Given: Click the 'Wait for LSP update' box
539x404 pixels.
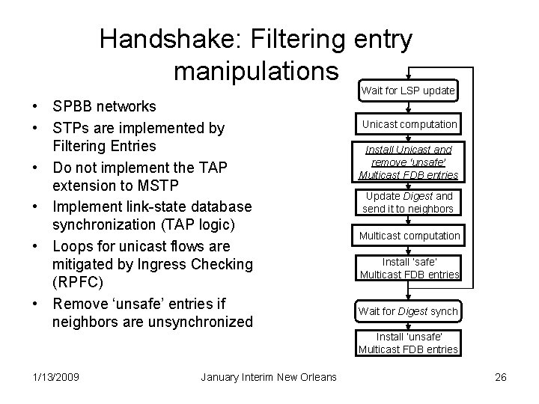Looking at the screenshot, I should [408, 91].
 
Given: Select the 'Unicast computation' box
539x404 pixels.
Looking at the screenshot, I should [409, 123].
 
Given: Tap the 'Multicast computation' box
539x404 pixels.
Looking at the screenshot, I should [409, 236].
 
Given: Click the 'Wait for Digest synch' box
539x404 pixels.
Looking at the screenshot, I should [409, 311].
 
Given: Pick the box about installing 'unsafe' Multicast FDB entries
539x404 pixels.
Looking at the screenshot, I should [409, 343].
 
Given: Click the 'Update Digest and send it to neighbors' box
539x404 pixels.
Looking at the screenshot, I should [409, 202].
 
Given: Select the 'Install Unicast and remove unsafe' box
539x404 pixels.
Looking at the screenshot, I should [409, 162].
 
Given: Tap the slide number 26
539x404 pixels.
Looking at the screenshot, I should [501, 377].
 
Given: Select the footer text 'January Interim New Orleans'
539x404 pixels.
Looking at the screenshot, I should [269, 377].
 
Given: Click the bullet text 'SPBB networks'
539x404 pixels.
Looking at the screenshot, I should [104, 107].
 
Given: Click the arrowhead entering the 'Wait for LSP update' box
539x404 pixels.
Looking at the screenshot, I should [408, 79].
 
